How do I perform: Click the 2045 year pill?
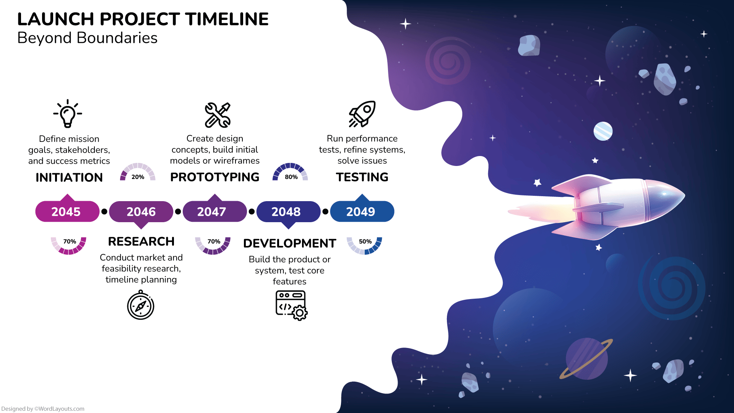[x=67, y=211]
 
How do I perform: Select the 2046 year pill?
[x=141, y=211]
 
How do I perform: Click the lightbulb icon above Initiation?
[x=68, y=114]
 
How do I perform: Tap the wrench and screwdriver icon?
[x=218, y=115]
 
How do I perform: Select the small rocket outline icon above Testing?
[x=362, y=114]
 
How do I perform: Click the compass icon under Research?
[x=141, y=306]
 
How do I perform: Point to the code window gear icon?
[x=291, y=305]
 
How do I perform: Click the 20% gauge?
[x=138, y=173]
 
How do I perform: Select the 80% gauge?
[x=290, y=173]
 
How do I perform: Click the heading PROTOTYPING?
[x=214, y=177]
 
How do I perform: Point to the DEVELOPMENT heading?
[x=289, y=243]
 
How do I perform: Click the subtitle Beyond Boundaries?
[x=87, y=38]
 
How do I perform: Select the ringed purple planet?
[x=586, y=359]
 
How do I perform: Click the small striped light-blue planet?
[x=603, y=131]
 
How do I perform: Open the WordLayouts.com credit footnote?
[x=43, y=409]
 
